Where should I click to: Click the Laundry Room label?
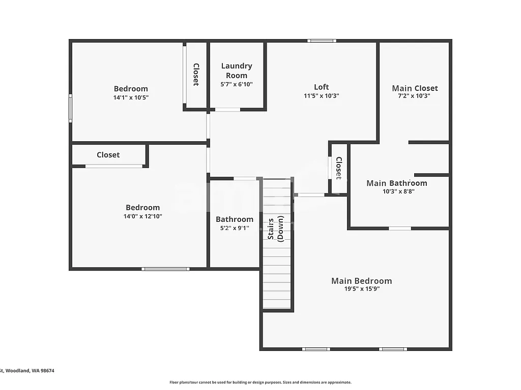click(237, 71)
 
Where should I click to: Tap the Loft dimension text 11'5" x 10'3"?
click(321, 95)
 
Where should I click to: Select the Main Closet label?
click(415, 88)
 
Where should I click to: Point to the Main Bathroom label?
click(397, 183)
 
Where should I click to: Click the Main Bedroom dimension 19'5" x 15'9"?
click(362, 289)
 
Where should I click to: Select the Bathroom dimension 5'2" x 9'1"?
click(234, 228)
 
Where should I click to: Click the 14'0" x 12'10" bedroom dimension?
click(142, 216)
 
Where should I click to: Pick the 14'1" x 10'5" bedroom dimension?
click(131, 97)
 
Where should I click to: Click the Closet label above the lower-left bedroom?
click(108, 155)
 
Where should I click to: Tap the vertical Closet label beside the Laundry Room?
click(196, 74)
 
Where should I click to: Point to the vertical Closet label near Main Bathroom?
click(338, 168)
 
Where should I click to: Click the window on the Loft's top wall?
click(322, 41)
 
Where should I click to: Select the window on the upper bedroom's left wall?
click(71, 108)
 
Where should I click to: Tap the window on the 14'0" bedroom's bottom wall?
click(165, 269)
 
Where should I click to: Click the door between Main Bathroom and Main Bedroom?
click(400, 229)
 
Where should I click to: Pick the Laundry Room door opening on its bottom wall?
click(227, 109)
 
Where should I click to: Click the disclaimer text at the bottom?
click(260, 382)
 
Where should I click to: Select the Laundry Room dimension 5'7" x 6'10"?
click(237, 84)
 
